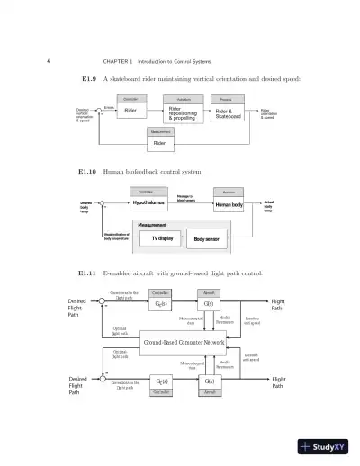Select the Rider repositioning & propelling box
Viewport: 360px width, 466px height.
[x=183, y=112]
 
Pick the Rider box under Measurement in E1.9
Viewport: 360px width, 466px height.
[x=159, y=142]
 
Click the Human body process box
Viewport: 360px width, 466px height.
[x=228, y=205]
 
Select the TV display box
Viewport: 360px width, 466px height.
[x=162, y=238]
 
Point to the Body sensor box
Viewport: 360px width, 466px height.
[x=205, y=239]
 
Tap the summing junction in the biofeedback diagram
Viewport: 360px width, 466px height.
[x=103, y=204]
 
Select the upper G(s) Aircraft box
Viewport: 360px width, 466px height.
[x=208, y=304]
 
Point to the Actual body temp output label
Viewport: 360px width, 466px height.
[x=268, y=205]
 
